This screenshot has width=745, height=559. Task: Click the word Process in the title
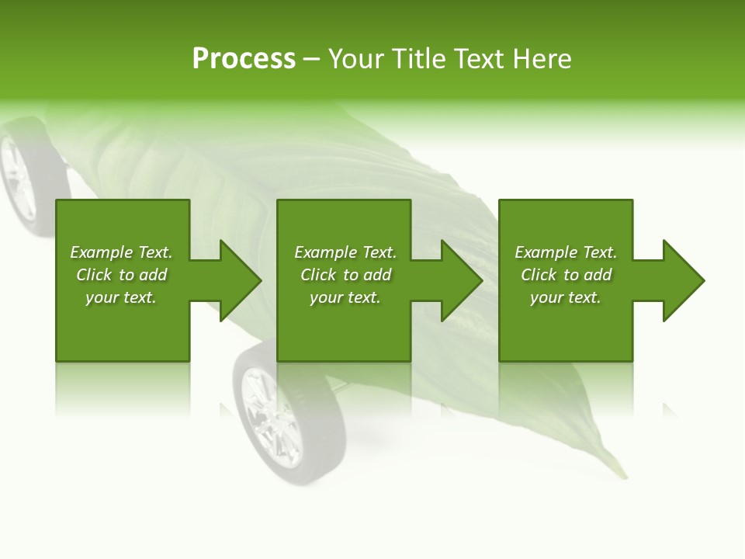tap(244, 59)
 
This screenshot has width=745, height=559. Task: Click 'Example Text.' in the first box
tap(121, 252)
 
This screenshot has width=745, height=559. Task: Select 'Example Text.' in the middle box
tap(345, 252)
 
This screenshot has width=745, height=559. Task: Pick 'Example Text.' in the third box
tap(566, 252)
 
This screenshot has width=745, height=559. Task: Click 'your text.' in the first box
tap(121, 297)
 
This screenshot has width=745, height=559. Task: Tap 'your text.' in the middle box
tap(345, 297)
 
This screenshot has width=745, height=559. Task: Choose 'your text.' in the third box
tap(566, 297)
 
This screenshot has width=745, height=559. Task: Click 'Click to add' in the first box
tap(121, 275)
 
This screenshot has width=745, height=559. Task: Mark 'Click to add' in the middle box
tap(345, 275)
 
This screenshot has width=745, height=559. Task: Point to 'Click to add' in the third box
tap(566, 275)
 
